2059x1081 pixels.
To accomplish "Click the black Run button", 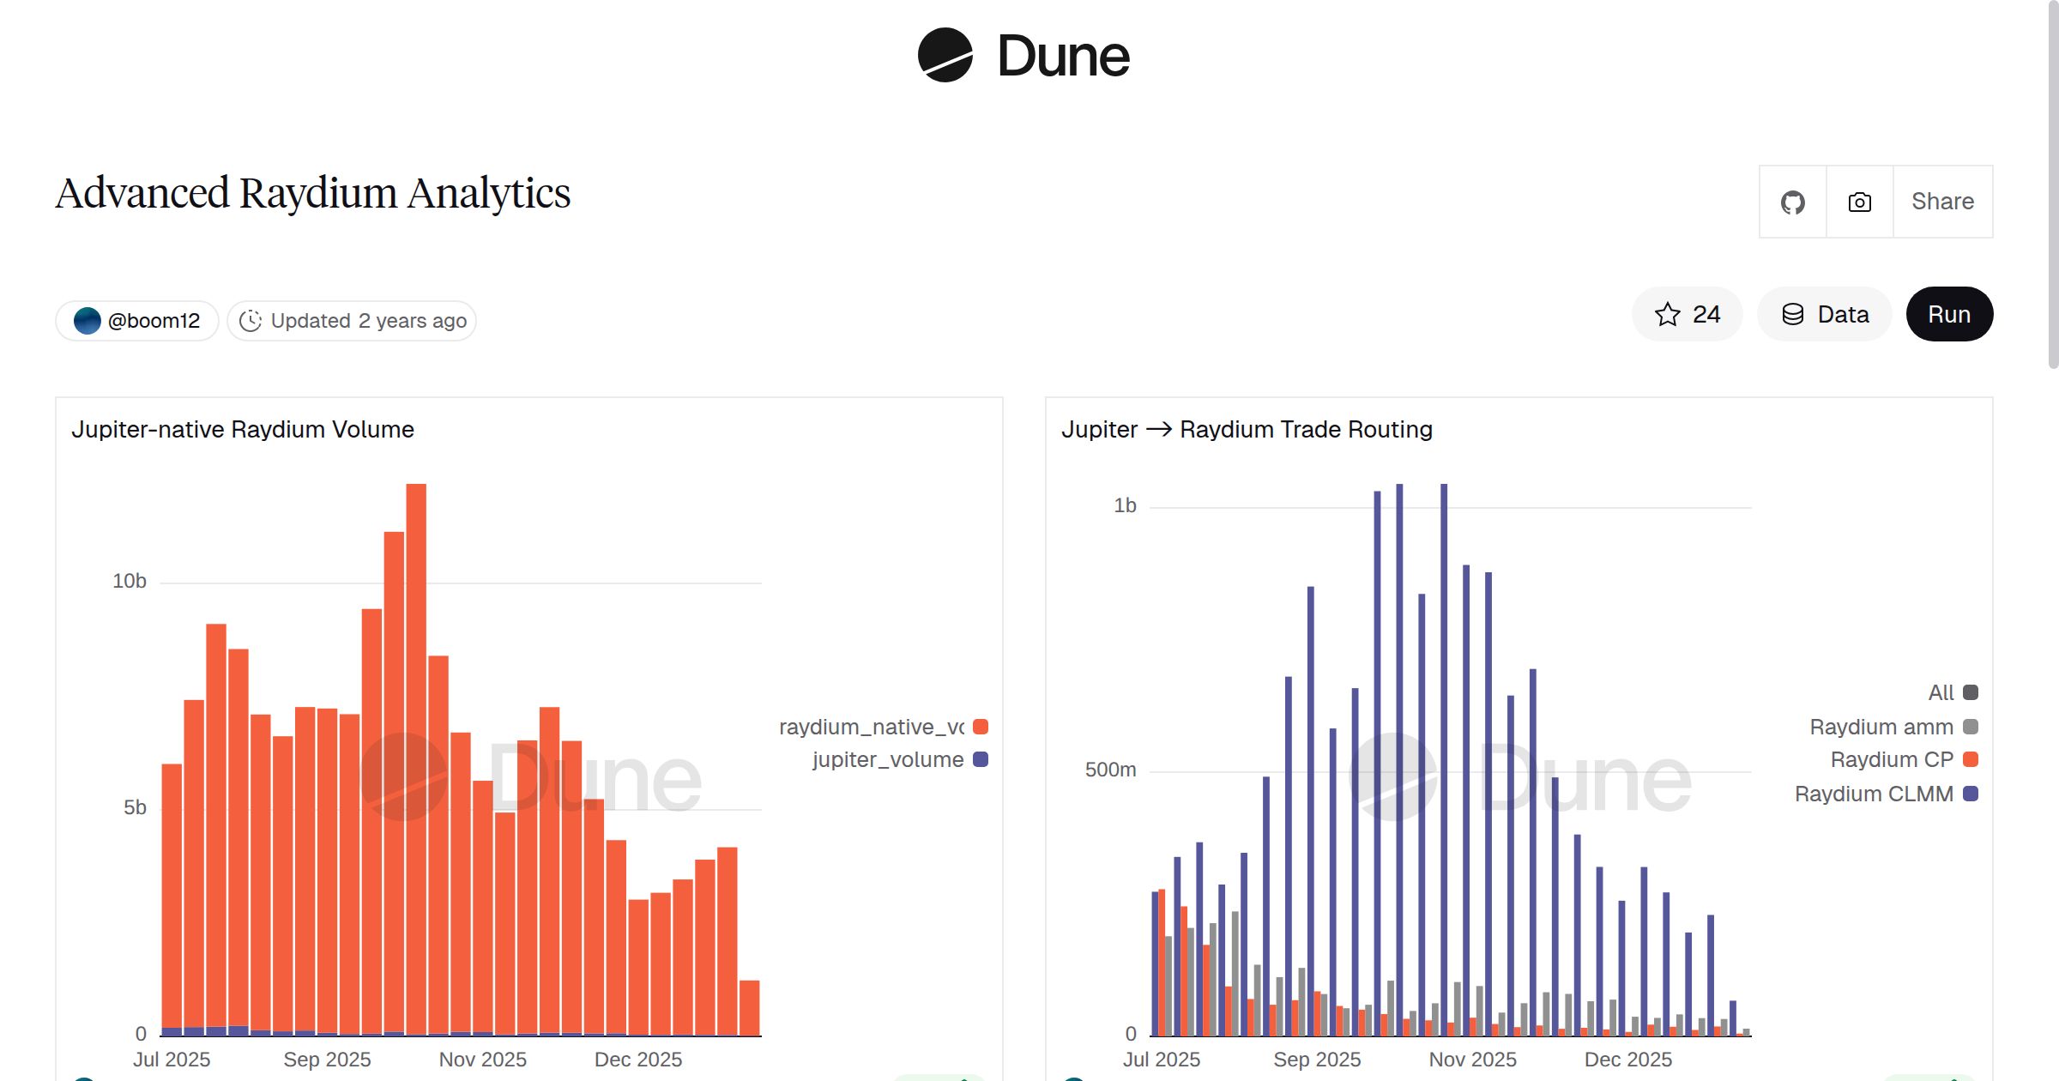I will (x=1948, y=314).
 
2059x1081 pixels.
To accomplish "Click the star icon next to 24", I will (x=1667, y=314).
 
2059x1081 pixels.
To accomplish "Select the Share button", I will (x=1942, y=202).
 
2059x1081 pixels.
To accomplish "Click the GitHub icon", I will (x=1792, y=202).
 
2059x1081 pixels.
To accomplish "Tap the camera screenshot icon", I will (x=1859, y=202).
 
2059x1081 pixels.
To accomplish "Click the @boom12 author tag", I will (x=137, y=321).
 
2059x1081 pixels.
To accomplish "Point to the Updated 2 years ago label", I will (x=353, y=321).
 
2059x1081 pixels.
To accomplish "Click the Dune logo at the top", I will (x=1023, y=56).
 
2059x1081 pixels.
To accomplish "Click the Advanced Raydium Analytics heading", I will (x=313, y=193).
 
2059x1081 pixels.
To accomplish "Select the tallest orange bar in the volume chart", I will (x=416, y=755).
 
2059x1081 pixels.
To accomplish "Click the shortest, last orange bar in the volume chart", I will (x=749, y=1008).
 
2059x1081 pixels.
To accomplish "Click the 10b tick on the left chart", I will (x=129, y=581).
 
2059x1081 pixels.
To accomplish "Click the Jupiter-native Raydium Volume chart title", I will (x=243, y=429).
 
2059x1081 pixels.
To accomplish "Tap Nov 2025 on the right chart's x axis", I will (x=1471, y=1060).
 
